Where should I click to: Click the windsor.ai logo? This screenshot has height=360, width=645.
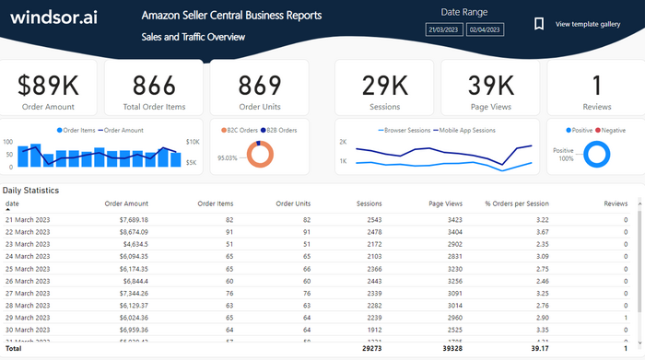[x=53, y=17]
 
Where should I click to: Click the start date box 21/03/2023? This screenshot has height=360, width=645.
[x=443, y=30]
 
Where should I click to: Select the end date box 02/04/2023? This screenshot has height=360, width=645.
[x=485, y=30]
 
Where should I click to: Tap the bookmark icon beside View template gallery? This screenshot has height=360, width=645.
[x=539, y=24]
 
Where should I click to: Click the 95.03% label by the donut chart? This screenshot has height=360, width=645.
[x=227, y=157]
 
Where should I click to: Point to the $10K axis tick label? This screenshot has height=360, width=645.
[x=192, y=142]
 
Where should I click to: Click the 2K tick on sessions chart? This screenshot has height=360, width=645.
[x=343, y=143]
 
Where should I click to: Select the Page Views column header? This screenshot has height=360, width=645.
[x=446, y=203]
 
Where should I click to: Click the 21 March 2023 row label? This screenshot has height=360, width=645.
[x=28, y=220]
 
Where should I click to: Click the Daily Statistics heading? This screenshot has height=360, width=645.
[x=30, y=191]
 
